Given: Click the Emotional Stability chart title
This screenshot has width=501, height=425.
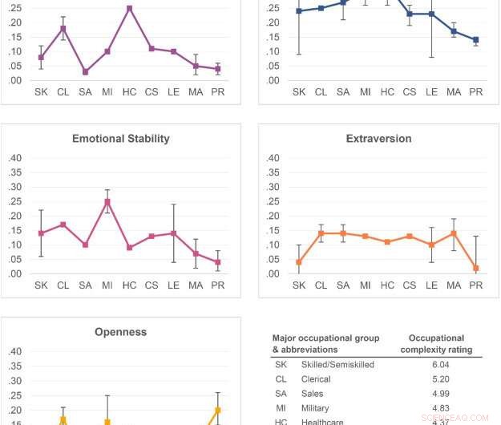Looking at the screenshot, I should (x=121, y=139).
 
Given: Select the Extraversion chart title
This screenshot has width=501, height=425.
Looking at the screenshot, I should (x=378, y=139).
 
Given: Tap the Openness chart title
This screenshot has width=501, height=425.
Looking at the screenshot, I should (x=121, y=332).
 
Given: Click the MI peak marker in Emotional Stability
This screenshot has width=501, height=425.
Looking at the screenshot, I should (x=107, y=201).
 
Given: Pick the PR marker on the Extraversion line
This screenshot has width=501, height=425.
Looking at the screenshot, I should (x=475, y=269).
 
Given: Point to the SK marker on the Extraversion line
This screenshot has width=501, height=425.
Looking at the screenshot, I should (x=299, y=262).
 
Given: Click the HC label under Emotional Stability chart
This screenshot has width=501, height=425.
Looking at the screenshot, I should (x=129, y=285).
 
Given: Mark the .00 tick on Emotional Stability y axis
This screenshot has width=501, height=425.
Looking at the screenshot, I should (x=15, y=273).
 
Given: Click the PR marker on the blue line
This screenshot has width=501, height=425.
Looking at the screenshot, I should (x=475, y=40).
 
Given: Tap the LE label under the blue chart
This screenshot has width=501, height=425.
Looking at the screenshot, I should (x=431, y=91).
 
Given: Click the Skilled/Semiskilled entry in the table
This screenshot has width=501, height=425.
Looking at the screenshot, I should (x=337, y=365).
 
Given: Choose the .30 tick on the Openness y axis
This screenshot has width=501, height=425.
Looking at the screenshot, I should (x=15, y=380).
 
